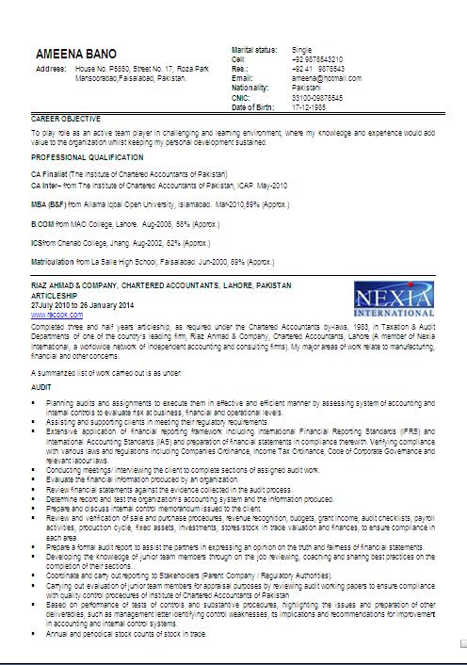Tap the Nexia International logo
tap(394, 302)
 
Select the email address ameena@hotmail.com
tap(326, 77)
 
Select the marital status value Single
tap(302, 47)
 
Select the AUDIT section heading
tap(40, 386)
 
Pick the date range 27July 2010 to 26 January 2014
tap(83, 306)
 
